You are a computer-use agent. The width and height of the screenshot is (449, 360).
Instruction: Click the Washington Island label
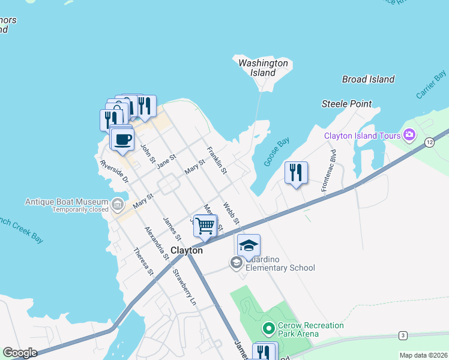263,68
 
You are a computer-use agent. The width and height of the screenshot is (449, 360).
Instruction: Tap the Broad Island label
369,79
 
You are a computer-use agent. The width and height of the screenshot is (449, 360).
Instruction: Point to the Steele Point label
346,104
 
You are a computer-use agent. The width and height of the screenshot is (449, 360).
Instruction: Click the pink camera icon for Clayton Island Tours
410,134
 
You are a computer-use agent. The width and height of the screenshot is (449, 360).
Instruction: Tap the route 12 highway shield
429,142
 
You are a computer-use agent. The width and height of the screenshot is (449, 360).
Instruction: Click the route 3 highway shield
403,335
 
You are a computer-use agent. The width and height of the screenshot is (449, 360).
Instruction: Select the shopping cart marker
205,226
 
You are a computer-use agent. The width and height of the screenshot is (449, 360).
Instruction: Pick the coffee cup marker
122,140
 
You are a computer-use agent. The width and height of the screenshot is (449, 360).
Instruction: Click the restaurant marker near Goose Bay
296,173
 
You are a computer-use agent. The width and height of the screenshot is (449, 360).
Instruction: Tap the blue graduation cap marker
249,245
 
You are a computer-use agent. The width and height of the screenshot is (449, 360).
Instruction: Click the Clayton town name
187,250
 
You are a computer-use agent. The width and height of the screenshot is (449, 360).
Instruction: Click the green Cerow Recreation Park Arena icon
269,329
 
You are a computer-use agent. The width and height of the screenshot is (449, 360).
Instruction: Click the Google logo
19,353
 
